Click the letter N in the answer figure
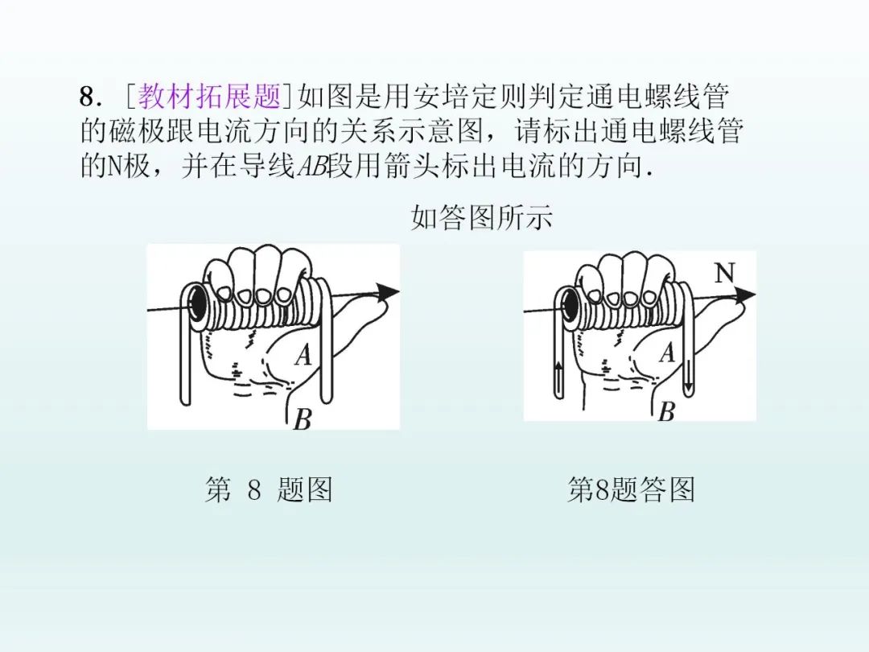click(x=724, y=274)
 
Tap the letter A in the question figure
click(x=303, y=355)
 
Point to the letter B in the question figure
click(x=302, y=419)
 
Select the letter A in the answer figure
click(x=666, y=353)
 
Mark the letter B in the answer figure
click(x=666, y=413)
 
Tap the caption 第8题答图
click(x=631, y=489)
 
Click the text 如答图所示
click(x=481, y=217)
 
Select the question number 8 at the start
click(x=87, y=98)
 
